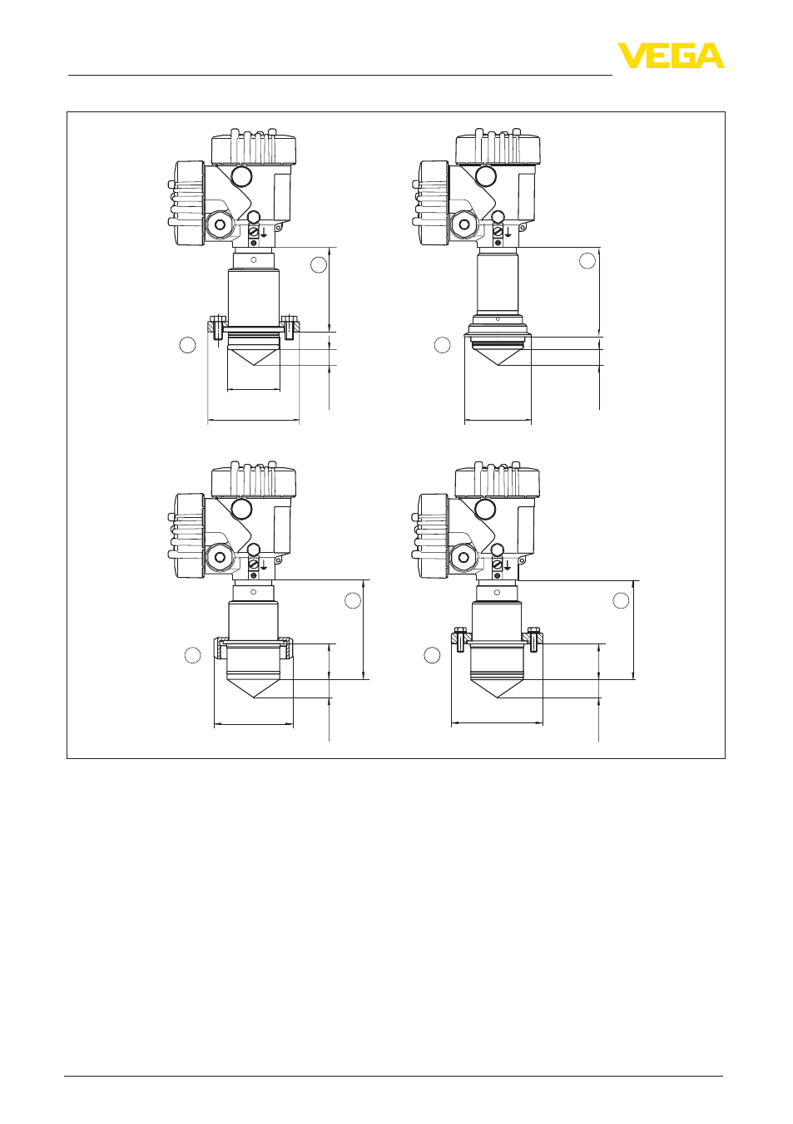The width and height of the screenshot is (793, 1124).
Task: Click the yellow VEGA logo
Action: [671, 56]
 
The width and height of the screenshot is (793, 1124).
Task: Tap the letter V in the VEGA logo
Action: [631, 56]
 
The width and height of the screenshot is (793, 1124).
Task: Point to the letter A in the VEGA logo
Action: [711, 56]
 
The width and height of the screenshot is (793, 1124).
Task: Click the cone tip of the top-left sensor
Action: [254, 365]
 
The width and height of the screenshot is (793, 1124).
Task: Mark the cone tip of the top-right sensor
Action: [498, 365]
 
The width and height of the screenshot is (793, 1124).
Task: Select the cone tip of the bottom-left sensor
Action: [254, 698]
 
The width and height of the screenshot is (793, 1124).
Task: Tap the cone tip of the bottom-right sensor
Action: [498, 698]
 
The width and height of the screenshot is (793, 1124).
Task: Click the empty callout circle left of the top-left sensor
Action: [188, 345]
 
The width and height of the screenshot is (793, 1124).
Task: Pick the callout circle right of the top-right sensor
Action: [587, 261]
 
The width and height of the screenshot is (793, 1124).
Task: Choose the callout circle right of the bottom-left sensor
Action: [353, 600]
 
